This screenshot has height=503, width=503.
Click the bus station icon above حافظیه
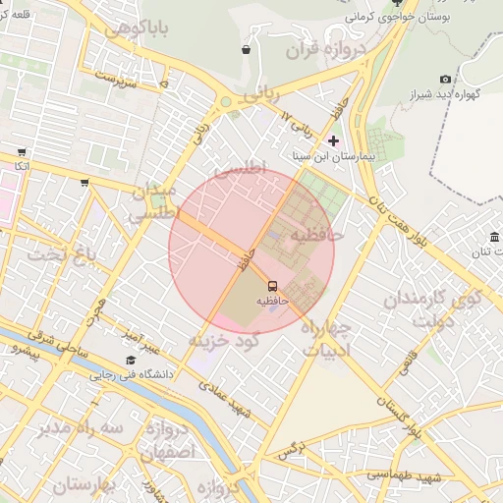272,286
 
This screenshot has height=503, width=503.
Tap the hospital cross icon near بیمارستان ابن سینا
333,140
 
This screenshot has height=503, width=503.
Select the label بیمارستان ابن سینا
334,156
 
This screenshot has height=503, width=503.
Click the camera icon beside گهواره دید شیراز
445,80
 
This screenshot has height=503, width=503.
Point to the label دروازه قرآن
327,49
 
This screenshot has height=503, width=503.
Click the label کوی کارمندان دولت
431,307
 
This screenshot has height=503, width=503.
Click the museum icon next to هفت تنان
493,238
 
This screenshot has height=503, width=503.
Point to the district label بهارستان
84,484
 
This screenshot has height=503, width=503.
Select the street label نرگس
287,453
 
